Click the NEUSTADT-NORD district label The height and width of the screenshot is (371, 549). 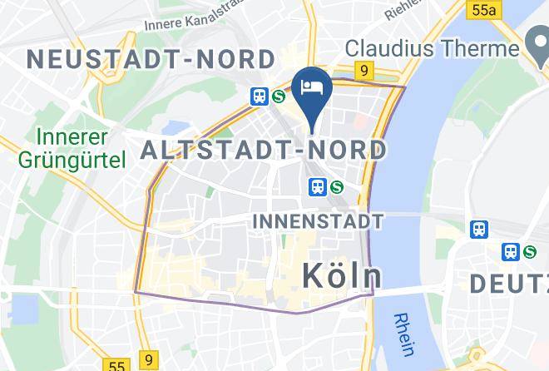point(151,59)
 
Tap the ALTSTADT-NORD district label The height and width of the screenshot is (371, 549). point(264,151)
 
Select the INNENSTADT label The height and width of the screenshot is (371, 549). point(317,221)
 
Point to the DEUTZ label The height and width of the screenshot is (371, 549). point(509,283)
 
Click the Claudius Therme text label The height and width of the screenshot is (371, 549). point(433,48)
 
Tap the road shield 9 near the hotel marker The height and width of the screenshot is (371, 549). point(364,72)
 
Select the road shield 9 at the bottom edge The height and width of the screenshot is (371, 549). point(147,358)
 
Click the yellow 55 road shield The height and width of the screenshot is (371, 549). point(116,365)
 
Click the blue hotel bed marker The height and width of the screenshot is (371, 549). point(313,87)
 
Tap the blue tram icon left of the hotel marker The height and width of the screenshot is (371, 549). point(260,96)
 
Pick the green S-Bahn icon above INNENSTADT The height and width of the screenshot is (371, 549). point(337,187)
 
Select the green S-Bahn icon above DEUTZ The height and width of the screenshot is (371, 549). point(530,250)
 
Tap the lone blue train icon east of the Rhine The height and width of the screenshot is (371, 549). point(479,229)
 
